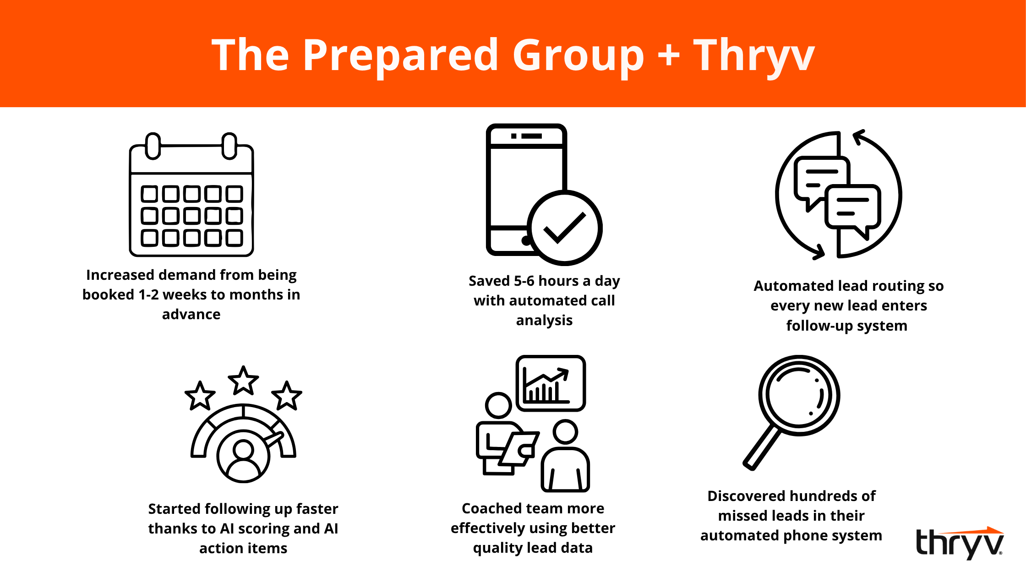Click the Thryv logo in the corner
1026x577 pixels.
(x=960, y=543)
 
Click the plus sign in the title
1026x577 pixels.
(x=669, y=55)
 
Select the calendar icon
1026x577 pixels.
(x=191, y=195)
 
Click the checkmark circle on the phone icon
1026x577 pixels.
(x=565, y=228)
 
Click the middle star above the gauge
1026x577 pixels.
(x=243, y=381)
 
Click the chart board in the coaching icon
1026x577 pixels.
(x=551, y=383)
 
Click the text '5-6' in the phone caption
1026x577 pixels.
(x=524, y=281)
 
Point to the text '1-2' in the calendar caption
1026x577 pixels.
(x=148, y=294)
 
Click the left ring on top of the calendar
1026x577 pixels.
(x=153, y=146)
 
